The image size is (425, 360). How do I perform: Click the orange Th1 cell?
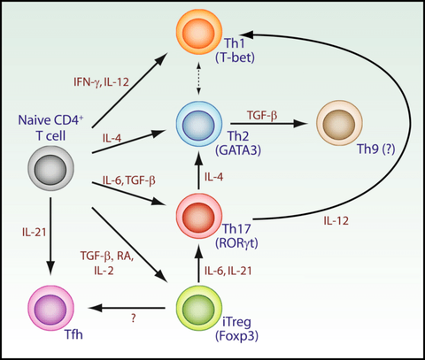coord(199,32)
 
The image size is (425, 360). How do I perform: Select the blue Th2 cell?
coord(199,124)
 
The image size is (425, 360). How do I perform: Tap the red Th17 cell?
coord(199,216)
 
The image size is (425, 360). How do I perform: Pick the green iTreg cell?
coord(199,308)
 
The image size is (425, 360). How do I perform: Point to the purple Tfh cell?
coord(50,308)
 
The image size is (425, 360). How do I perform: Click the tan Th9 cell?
coord(339,123)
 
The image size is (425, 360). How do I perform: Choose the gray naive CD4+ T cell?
coord(50,168)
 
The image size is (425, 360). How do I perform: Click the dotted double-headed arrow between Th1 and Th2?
coord(198,78)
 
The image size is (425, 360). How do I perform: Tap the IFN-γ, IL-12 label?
coord(101,82)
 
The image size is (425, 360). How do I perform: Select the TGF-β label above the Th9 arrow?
coord(262,115)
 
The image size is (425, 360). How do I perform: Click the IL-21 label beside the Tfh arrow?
coord(35,232)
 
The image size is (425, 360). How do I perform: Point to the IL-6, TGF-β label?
coord(129,180)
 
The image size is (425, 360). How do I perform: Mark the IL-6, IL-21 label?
coord(228,271)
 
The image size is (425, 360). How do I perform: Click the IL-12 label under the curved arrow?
coord(336,220)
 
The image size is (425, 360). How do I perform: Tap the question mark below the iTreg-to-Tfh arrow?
coord(134,318)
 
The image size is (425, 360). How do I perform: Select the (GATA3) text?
coord(238,150)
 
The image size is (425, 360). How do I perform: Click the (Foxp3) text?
coord(236,336)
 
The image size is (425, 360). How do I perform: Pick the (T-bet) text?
coord(235,57)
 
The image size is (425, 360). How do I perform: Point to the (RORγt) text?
coord(236,243)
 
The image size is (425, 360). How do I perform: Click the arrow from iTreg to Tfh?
coord(127,308)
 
